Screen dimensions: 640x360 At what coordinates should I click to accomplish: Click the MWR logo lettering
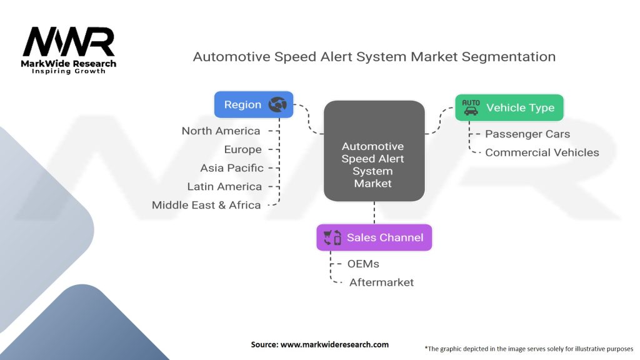click(x=69, y=42)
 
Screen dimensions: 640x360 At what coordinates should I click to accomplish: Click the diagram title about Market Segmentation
click(x=374, y=57)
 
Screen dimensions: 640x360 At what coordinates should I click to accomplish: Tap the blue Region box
click(x=254, y=104)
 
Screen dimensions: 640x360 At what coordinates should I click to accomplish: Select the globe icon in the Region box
click(x=277, y=104)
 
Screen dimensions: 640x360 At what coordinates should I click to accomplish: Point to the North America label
click(x=221, y=131)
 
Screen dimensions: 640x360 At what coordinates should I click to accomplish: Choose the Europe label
click(x=243, y=150)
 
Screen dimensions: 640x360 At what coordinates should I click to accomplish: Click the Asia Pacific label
click(x=232, y=168)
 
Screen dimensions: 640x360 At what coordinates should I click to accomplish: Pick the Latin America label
click(x=224, y=186)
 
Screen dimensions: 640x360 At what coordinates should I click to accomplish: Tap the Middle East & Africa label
click(x=206, y=205)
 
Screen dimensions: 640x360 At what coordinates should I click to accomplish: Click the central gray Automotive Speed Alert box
click(x=374, y=151)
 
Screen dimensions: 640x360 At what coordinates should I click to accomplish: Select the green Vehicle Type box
click(x=509, y=107)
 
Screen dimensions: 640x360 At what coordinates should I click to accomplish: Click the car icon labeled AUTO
click(x=471, y=107)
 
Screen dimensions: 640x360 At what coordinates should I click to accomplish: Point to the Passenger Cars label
click(x=527, y=134)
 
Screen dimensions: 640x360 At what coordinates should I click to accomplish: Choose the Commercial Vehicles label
click(x=542, y=152)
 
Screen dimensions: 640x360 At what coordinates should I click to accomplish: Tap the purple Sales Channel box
click(x=374, y=237)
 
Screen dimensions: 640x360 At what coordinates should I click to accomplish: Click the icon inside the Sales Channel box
click(x=332, y=237)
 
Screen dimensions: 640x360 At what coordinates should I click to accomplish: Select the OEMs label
click(x=363, y=264)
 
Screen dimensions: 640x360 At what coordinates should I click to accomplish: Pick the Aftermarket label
click(x=382, y=282)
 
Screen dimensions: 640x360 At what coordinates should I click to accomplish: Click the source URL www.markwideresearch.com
click(x=335, y=344)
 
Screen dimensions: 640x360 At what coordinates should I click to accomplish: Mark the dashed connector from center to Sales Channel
click(x=374, y=212)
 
